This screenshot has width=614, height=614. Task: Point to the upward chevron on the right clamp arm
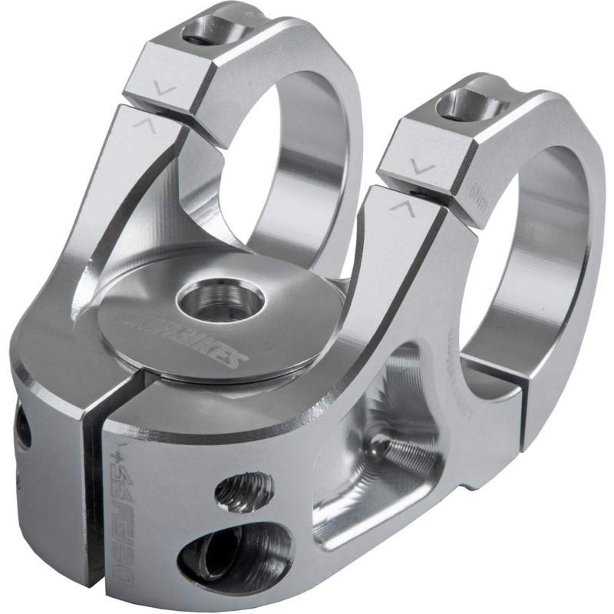pyautogui.click(x=399, y=205)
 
